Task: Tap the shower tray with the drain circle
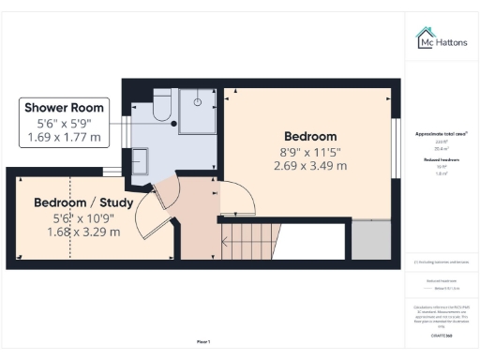pyautogui.click(x=198, y=109)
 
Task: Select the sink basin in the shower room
pyautogui.click(x=140, y=163)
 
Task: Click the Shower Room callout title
pyautogui.click(x=65, y=107)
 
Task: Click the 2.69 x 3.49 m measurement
pyautogui.click(x=309, y=166)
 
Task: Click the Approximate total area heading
pyautogui.click(x=440, y=134)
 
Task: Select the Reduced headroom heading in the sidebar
pyautogui.click(x=440, y=160)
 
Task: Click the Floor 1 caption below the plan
pyautogui.click(x=203, y=341)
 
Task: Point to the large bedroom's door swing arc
pyautogui.click(x=246, y=192)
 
